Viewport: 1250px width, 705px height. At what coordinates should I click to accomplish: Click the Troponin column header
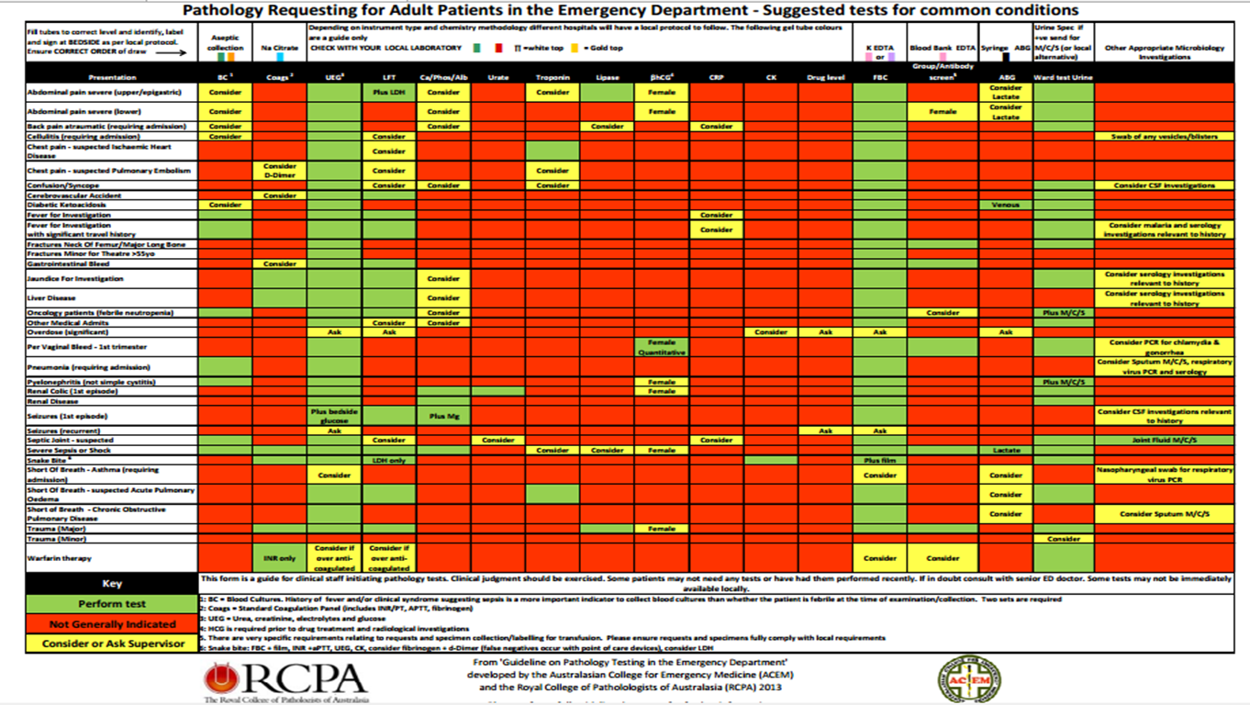point(552,78)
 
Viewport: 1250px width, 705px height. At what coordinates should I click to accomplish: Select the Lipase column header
point(607,78)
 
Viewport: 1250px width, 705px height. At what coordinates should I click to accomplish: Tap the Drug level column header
point(825,78)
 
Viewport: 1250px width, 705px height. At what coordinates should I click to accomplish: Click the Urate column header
point(498,78)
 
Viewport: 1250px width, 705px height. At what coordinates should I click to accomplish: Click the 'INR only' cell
point(280,557)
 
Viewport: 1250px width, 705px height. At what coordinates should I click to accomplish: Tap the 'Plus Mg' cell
point(443,415)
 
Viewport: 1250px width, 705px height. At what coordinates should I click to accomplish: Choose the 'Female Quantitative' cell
point(661,347)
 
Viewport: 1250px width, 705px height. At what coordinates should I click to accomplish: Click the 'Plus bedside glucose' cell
point(335,415)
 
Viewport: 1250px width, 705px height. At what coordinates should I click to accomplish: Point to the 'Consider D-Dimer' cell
point(280,171)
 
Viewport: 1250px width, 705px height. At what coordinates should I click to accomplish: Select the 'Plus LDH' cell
point(389,93)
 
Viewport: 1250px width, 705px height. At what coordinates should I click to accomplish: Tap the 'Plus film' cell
point(879,460)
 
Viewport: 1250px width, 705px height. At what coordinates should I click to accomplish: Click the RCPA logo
point(285,679)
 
